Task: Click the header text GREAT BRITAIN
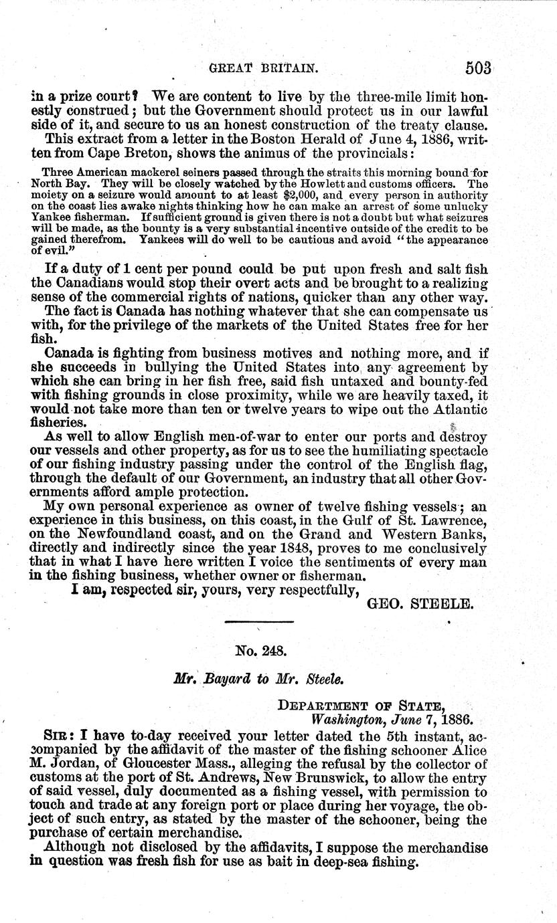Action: click(262, 68)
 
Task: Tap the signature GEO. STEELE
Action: click(421, 605)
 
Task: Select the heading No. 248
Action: click(260, 649)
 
